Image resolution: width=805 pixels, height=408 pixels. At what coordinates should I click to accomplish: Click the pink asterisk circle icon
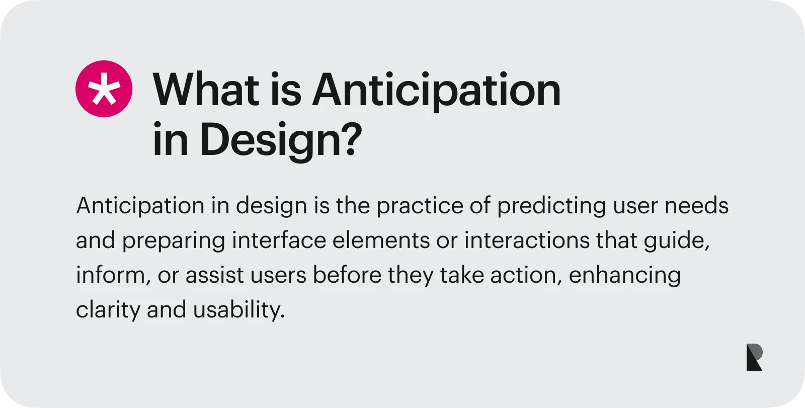104,89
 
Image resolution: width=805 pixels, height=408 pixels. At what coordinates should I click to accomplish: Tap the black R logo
754,358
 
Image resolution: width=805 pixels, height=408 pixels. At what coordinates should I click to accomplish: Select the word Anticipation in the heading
436,91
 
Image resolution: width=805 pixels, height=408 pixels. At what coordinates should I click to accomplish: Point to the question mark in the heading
351,139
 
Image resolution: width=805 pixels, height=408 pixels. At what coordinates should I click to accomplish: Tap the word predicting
551,206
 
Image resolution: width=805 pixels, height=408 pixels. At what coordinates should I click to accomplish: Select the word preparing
173,240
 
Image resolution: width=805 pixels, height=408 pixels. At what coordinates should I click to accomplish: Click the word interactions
526,240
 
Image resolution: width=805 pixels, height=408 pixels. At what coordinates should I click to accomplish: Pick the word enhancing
624,275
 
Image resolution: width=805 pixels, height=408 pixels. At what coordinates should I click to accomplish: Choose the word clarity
108,310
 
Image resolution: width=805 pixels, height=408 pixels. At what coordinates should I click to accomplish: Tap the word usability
238,310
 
